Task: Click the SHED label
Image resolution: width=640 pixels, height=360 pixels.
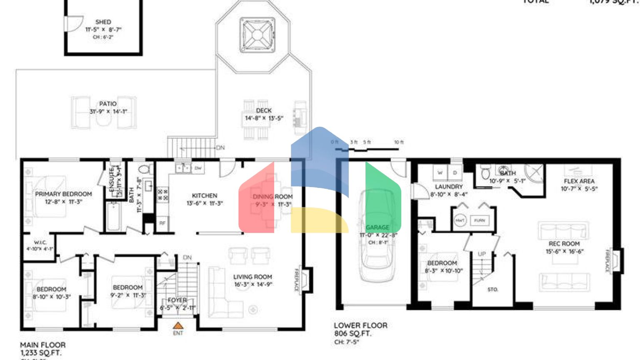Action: [x=103, y=22]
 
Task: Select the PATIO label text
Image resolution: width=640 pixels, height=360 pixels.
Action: [x=107, y=104]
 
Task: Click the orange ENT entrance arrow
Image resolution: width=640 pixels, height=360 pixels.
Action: [x=178, y=326]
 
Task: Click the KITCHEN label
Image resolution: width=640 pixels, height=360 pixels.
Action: [x=204, y=195]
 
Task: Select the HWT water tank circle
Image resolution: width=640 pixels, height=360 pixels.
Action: [x=460, y=220]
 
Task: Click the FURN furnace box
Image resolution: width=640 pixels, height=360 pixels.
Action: [x=479, y=220]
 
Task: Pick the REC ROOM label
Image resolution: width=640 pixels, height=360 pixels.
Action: [x=564, y=244]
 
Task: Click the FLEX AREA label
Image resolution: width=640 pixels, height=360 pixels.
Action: [x=579, y=181]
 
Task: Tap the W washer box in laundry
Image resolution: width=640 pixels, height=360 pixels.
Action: [x=440, y=172]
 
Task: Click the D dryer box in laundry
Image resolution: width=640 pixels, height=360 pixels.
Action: [x=455, y=172]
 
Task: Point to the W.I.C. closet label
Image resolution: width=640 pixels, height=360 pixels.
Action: [x=40, y=242]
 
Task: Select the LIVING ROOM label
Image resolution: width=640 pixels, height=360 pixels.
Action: [x=252, y=277]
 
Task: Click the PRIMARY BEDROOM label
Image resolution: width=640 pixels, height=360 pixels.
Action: [x=63, y=194]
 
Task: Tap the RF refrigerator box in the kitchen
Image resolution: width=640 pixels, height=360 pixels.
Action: [x=162, y=223]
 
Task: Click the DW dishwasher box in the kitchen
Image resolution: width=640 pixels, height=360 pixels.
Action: [x=198, y=168]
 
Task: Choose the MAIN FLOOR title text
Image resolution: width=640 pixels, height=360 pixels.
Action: [x=42, y=345]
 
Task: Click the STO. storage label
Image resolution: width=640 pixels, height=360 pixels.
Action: [x=492, y=289]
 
